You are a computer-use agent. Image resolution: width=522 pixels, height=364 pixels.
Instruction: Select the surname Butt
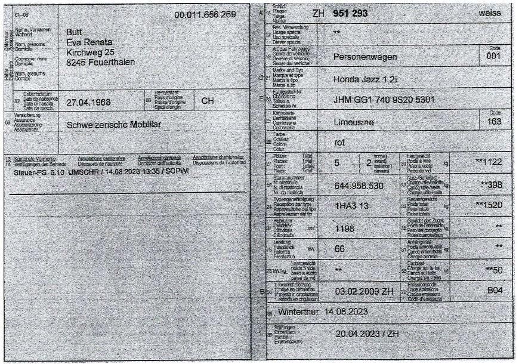click(x=76, y=32)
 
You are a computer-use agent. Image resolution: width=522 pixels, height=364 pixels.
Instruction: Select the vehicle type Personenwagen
click(x=367, y=58)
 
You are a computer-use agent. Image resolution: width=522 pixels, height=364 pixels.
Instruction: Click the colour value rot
click(x=340, y=142)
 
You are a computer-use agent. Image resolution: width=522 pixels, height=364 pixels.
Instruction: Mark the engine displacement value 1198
click(x=344, y=229)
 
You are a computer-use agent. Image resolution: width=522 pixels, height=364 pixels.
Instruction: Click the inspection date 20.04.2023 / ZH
click(x=366, y=334)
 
